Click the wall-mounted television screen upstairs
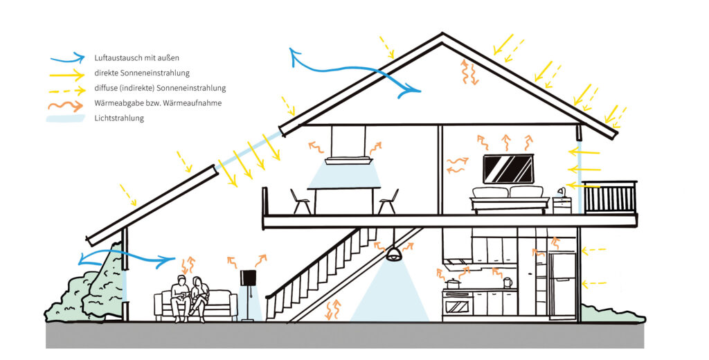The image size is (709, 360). click(508, 168)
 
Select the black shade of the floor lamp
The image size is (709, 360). click(248, 278)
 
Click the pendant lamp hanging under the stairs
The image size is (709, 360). click(393, 254)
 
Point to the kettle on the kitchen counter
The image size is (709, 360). click(508, 282)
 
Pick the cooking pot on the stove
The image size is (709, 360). click(454, 283)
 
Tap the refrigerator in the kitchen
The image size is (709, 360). click(562, 284)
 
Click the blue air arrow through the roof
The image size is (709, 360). click(353, 71)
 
